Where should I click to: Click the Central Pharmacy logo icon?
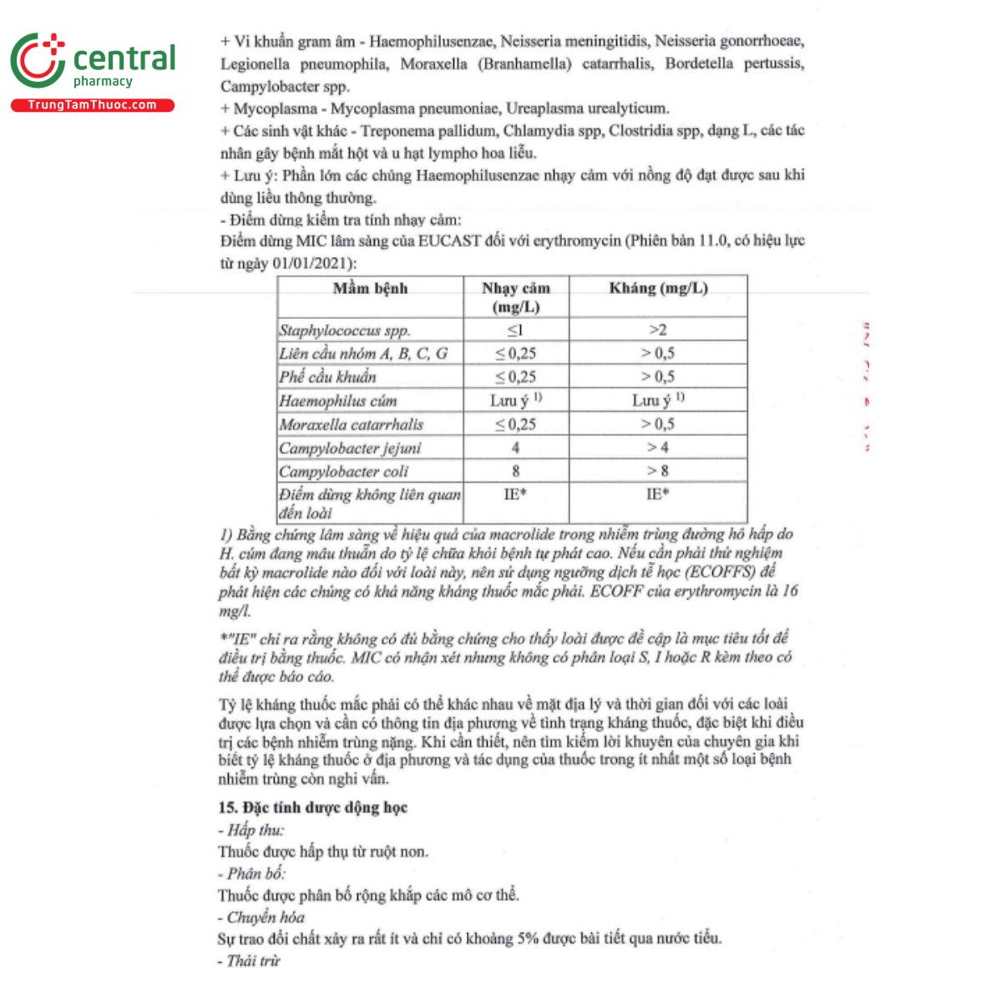tap(38, 61)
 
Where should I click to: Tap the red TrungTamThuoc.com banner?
tap(92, 105)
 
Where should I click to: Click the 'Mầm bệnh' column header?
tap(370, 289)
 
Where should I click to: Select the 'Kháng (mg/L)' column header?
tap(658, 288)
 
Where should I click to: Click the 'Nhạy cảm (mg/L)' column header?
tap(516, 297)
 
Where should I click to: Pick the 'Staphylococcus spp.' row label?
tap(345, 331)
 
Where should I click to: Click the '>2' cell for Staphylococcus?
tap(658, 330)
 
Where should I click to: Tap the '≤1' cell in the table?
tap(516, 330)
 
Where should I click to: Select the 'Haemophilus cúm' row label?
tap(338, 401)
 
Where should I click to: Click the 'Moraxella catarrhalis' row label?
tap(352, 424)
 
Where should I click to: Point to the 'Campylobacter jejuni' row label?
tap(350, 448)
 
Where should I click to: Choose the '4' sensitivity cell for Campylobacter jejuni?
tap(516, 448)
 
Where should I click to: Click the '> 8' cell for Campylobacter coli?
tap(658, 471)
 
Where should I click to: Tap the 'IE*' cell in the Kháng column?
tap(658, 494)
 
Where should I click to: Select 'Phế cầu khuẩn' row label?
tap(328, 377)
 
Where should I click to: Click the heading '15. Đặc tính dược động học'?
tap(313, 807)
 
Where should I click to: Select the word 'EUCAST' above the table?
tap(451, 241)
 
